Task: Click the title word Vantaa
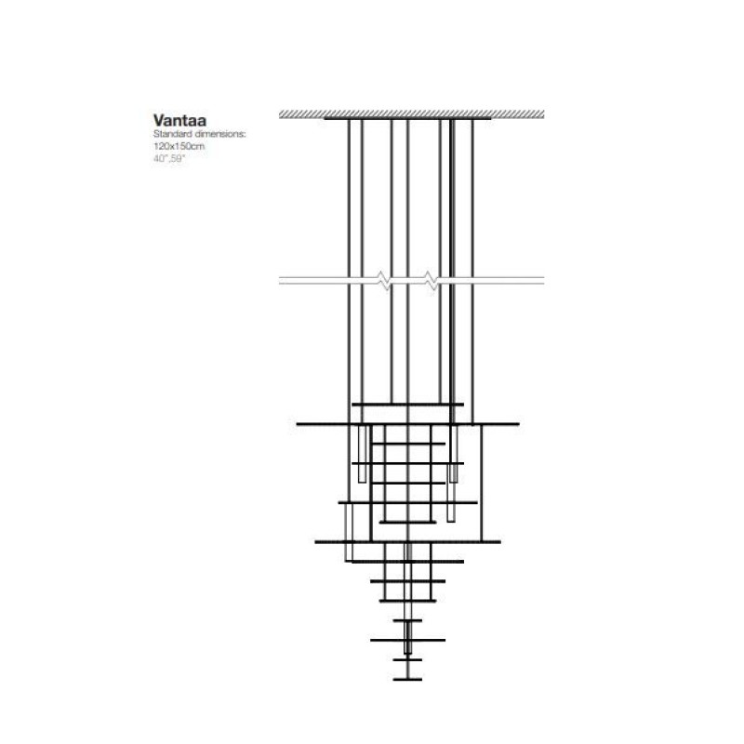179,120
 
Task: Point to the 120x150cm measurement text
179,146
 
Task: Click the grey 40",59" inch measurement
168,158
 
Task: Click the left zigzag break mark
384,281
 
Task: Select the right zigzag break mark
431,281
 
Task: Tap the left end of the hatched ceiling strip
280,113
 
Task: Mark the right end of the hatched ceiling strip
544,113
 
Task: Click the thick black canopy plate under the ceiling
407,118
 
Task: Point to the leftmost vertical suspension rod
349,311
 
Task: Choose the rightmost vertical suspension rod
472,272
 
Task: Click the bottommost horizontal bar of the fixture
407,680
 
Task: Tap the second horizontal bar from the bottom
407,659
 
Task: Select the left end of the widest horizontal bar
297,424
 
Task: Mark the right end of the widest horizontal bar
519,424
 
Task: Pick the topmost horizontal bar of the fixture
407,405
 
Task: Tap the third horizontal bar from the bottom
407,640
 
